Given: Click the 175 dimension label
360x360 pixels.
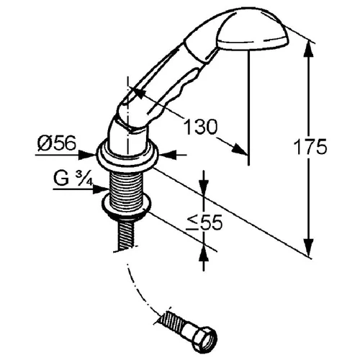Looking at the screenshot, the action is (x=310, y=146).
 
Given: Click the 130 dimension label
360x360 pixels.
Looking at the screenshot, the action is (x=200, y=126).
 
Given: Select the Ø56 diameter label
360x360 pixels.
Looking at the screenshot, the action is (x=57, y=143).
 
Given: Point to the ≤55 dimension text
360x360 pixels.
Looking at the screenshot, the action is (x=204, y=222).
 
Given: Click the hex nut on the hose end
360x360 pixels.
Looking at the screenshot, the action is (x=206, y=339).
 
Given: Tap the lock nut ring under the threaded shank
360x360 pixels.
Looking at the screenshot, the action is (x=127, y=207).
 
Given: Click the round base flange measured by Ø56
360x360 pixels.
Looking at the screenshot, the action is (x=127, y=156).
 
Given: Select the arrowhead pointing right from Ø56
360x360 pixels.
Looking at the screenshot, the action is (x=87, y=155).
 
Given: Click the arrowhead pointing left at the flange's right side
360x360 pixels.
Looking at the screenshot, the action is (x=167, y=155).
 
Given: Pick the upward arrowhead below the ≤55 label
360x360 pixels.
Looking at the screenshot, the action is (x=204, y=254).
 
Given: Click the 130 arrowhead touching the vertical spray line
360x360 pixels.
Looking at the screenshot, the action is (x=239, y=149).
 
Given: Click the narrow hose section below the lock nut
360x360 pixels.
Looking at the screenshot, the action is (x=126, y=234).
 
